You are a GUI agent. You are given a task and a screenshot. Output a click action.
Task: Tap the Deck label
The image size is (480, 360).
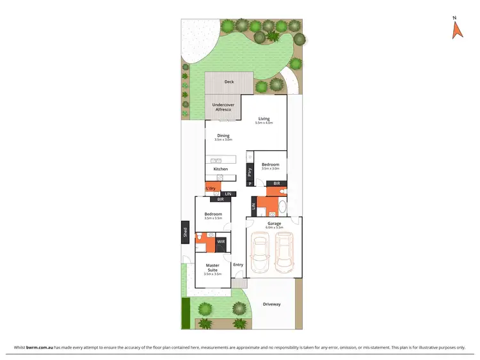coord(229,82)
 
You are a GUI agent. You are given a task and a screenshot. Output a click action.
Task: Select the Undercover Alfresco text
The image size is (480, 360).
coord(223,107)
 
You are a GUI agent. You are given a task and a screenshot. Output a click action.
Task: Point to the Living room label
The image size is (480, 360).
coord(264,118)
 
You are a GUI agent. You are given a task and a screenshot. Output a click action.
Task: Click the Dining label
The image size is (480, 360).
coord(223,135)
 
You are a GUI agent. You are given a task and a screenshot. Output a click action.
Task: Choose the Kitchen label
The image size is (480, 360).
coord(221,169)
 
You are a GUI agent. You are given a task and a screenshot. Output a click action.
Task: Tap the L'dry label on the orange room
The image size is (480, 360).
coord(210,189)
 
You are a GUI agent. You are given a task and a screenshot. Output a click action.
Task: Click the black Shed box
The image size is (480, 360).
coord(185,233)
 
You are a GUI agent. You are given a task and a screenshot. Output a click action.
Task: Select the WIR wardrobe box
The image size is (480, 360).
coord(221,242)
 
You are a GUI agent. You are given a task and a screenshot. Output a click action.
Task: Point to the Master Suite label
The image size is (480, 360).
coord(212,267)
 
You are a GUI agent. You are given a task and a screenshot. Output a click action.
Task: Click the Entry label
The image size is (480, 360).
coord(238,265)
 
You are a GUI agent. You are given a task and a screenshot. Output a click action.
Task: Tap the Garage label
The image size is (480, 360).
coord(275,223)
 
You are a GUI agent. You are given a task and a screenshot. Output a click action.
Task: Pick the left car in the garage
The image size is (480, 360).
coord(260,253)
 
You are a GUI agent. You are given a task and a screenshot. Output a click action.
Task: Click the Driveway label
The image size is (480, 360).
coord(272,304)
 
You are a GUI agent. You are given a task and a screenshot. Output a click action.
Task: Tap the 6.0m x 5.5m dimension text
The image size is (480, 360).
coord(275,228)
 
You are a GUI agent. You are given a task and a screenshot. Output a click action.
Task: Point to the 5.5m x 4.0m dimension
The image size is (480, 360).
coord(264,123)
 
